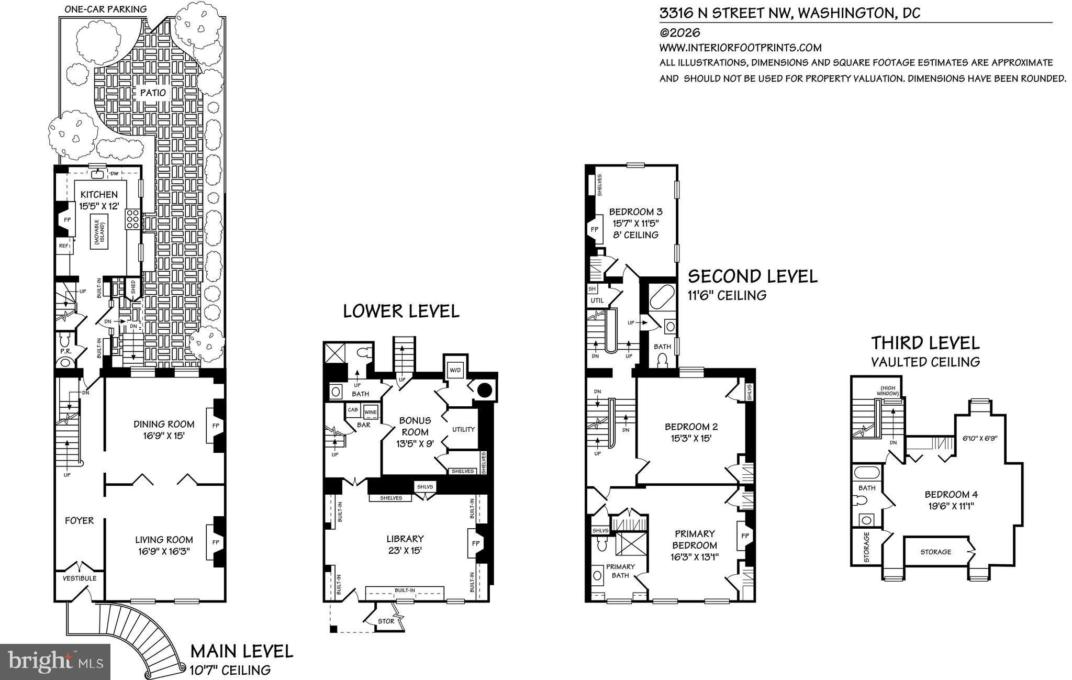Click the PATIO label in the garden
point(153,93)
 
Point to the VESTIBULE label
point(80,578)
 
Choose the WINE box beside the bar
point(371,412)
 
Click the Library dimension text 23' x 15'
point(405,550)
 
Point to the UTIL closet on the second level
point(597,301)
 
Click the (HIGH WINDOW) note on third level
point(889,391)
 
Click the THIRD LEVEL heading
point(925,343)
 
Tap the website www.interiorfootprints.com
point(740,48)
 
